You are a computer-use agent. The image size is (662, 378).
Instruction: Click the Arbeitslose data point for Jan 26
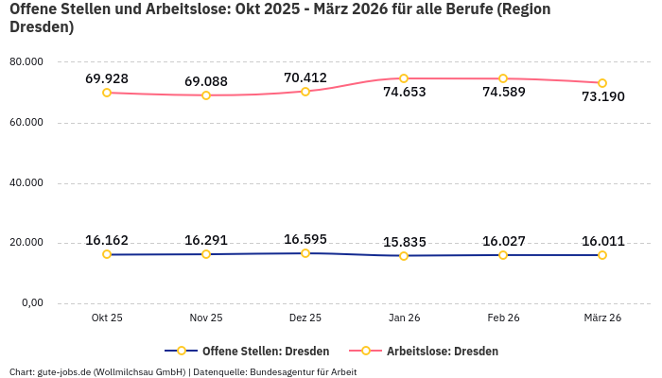[x=404, y=78]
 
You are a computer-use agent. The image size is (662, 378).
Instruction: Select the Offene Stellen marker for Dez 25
[x=305, y=253]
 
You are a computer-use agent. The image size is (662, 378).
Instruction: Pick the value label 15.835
[x=404, y=242]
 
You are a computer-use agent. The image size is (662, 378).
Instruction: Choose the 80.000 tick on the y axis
[x=26, y=62]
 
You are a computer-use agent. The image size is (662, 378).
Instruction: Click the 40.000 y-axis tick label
[x=26, y=183]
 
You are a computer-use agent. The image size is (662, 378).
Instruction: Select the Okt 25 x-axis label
[x=107, y=318]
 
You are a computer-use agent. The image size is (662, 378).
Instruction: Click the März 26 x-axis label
[x=602, y=318]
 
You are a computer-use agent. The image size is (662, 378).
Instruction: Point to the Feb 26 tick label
[x=503, y=318]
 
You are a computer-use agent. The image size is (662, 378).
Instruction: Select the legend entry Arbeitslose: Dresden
[x=442, y=351]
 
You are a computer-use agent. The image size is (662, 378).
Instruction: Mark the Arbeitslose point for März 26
[x=602, y=83]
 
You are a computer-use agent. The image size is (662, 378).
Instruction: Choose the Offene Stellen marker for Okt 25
[x=107, y=254]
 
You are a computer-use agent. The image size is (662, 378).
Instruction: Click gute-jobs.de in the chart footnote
[x=63, y=371]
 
